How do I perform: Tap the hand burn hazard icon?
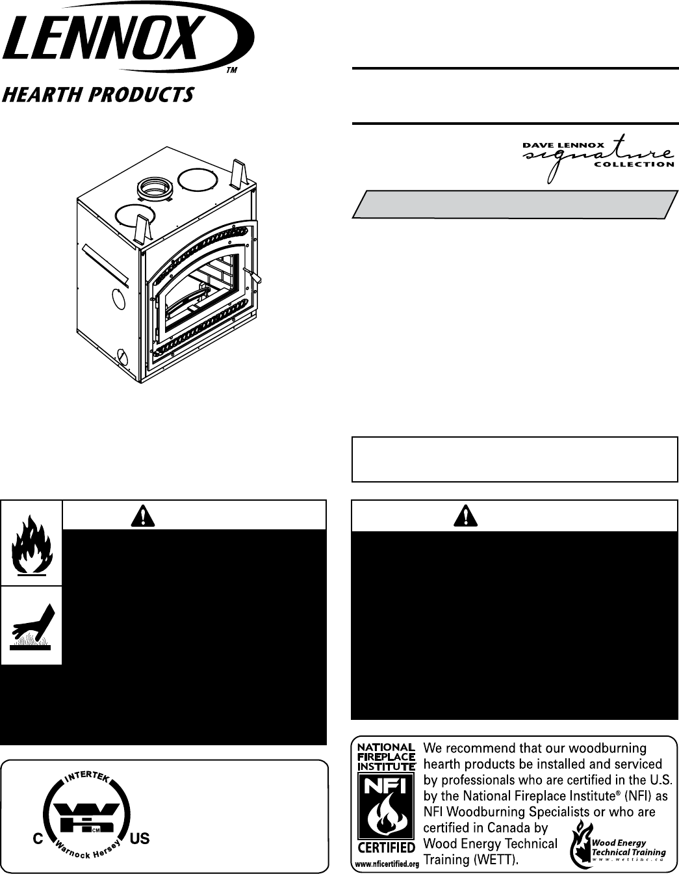click(32, 625)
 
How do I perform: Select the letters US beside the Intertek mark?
click(140, 838)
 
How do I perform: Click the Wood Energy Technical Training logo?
click(617, 843)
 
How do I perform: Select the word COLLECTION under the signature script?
click(643, 164)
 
